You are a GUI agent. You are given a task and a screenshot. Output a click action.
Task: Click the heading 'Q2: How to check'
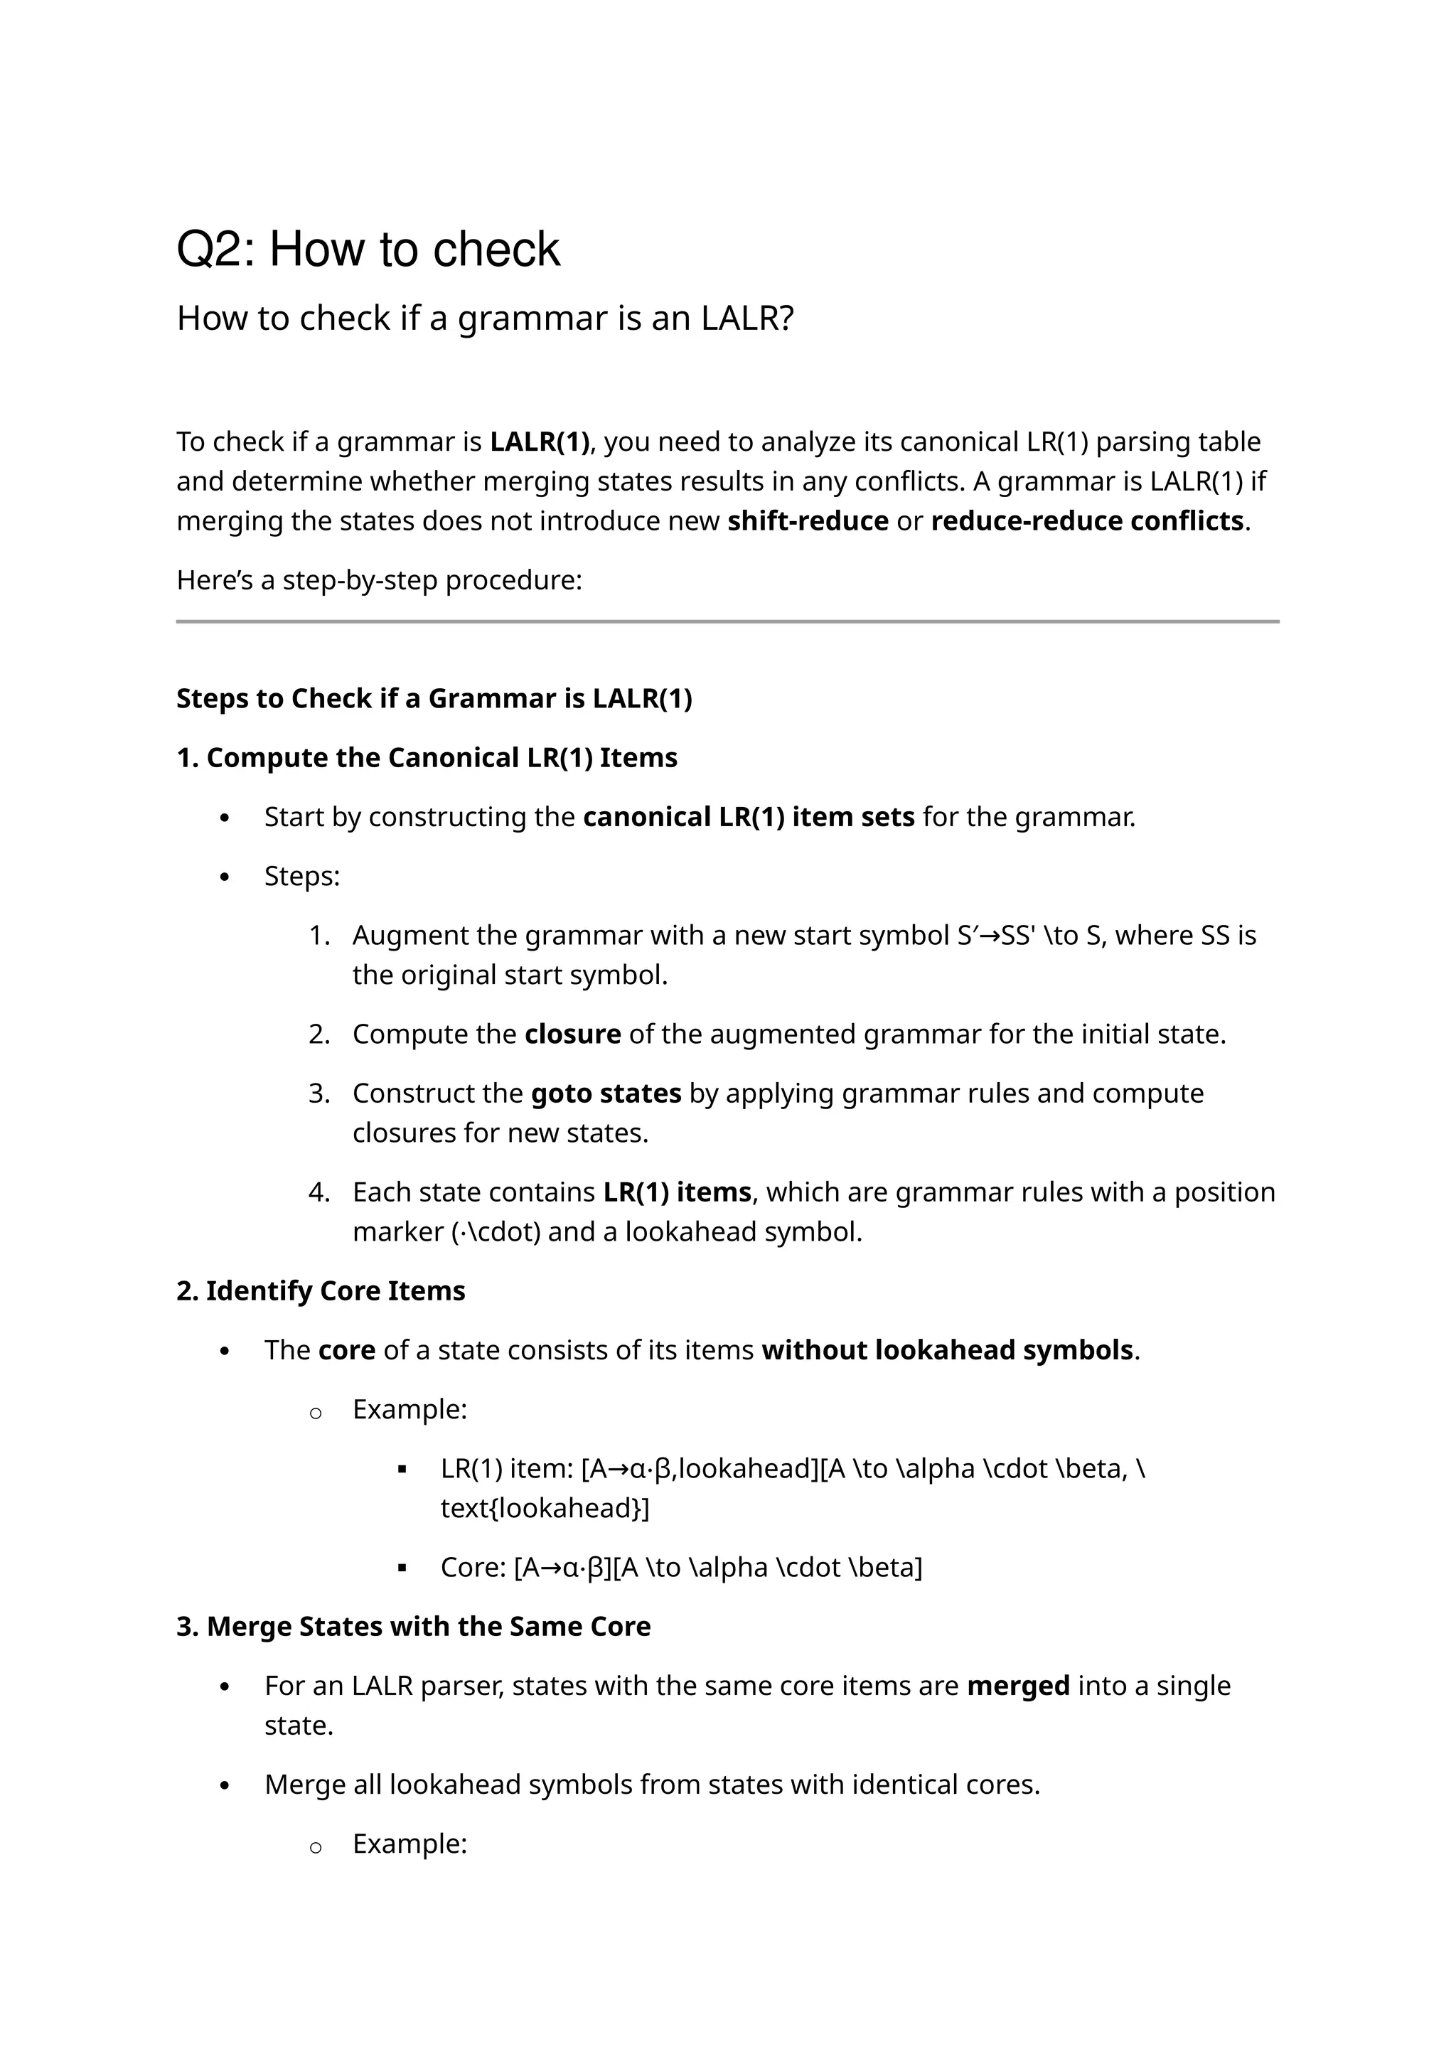pos(368,250)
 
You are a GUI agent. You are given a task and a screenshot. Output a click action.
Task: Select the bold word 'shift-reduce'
pos(807,521)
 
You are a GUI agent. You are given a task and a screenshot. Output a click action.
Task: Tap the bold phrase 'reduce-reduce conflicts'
pos(1086,521)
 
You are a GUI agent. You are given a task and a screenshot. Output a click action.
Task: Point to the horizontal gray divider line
pos(727,621)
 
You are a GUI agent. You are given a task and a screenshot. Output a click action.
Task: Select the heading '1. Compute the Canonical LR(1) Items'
pos(427,758)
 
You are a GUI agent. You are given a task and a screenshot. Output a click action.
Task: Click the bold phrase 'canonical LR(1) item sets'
pos(748,817)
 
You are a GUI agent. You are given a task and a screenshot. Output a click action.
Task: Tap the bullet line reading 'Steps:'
pos(302,876)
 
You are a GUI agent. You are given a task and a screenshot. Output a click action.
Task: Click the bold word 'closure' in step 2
pos(572,1034)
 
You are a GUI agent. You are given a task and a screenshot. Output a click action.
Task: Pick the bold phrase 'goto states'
pos(605,1093)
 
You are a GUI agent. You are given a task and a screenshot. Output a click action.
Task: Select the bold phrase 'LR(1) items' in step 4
pos(677,1192)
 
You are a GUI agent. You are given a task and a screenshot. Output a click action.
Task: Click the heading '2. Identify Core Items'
pos(321,1290)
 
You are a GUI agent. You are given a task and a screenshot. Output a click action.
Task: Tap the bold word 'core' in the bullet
pos(346,1349)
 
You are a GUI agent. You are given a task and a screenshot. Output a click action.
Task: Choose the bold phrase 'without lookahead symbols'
pos(947,1349)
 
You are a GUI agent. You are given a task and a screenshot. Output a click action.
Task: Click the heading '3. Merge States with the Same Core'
pos(413,1626)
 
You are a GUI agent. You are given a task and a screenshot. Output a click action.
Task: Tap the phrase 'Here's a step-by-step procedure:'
pos(379,580)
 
